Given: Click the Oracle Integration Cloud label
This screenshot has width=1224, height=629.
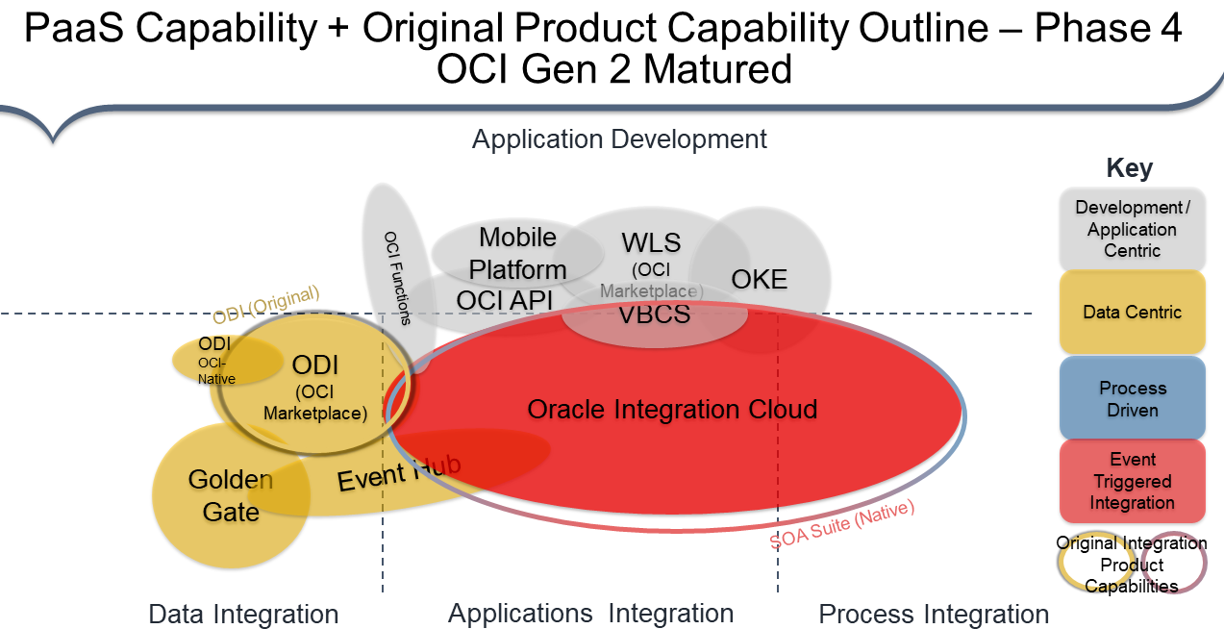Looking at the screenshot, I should (x=672, y=410).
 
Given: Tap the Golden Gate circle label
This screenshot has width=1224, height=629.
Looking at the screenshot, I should (x=231, y=495).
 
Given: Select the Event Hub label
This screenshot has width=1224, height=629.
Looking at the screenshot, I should (x=399, y=472).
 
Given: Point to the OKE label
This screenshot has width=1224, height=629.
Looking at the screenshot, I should (x=760, y=280).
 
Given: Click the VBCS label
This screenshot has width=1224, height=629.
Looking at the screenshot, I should (x=654, y=314).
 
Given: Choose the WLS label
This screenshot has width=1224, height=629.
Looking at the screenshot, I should (x=651, y=242).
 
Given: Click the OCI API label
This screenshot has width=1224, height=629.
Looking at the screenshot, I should (x=505, y=301).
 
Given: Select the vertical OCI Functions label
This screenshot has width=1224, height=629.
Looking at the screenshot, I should (x=397, y=278).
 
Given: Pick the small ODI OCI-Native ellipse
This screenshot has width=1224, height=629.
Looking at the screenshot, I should (x=215, y=361).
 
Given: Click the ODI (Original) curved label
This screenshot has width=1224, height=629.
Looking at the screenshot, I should (x=266, y=305).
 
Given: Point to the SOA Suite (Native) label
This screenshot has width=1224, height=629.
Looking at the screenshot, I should (x=842, y=523).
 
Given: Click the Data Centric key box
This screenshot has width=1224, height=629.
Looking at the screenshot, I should (x=1132, y=313).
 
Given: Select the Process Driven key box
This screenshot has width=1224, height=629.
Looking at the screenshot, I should (x=1132, y=399).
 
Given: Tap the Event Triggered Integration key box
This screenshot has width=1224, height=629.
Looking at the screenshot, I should (x=1132, y=481).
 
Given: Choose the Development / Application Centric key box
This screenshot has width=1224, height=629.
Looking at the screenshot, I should (x=1132, y=229).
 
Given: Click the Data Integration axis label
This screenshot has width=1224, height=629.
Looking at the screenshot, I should (x=243, y=615).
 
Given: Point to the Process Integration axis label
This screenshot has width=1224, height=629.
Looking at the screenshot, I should (x=934, y=615).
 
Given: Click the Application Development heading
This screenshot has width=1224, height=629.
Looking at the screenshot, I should (x=619, y=139).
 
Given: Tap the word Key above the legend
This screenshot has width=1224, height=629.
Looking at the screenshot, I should (x=1130, y=169).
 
